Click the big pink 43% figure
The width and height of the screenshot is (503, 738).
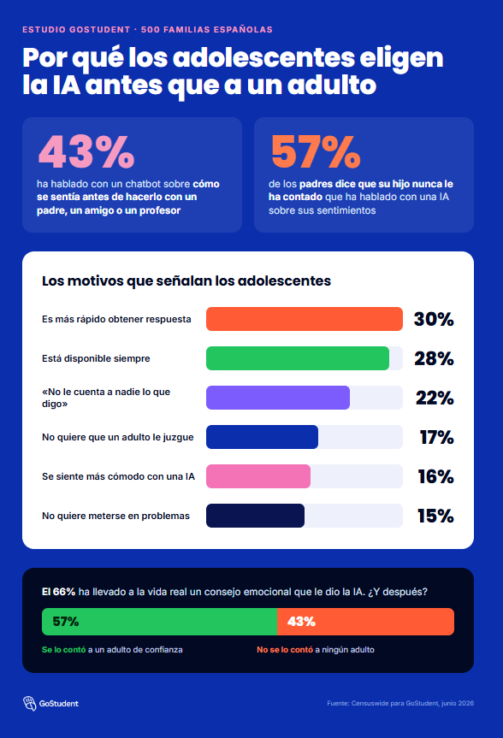click(x=86, y=151)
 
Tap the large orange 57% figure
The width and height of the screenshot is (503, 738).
click(x=316, y=151)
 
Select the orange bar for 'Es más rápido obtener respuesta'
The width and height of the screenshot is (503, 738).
click(x=305, y=319)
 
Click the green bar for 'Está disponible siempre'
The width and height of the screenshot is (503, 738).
click(x=298, y=358)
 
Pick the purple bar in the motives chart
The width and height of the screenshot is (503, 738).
click(x=278, y=398)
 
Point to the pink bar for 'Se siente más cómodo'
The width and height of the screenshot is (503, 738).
click(x=258, y=476)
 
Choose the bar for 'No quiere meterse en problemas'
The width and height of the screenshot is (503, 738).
click(x=255, y=516)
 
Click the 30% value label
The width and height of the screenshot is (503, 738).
click(x=434, y=319)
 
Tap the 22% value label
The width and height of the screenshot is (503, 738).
click(x=435, y=398)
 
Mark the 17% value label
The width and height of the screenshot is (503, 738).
click(x=436, y=437)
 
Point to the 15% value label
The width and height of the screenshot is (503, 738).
click(x=435, y=516)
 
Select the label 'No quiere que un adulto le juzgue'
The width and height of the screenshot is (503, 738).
click(x=118, y=437)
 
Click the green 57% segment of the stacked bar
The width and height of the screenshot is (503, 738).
click(x=160, y=622)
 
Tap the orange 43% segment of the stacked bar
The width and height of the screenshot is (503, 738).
click(x=366, y=622)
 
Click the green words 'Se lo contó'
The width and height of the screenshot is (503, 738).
click(x=63, y=650)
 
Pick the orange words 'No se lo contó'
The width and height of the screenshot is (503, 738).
click(x=285, y=650)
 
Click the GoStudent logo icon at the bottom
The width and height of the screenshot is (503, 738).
click(x=30, y=703)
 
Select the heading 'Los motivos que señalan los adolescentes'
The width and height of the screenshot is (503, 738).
click(x=186, y=281)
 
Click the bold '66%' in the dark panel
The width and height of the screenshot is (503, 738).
click(x=64, y=592)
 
